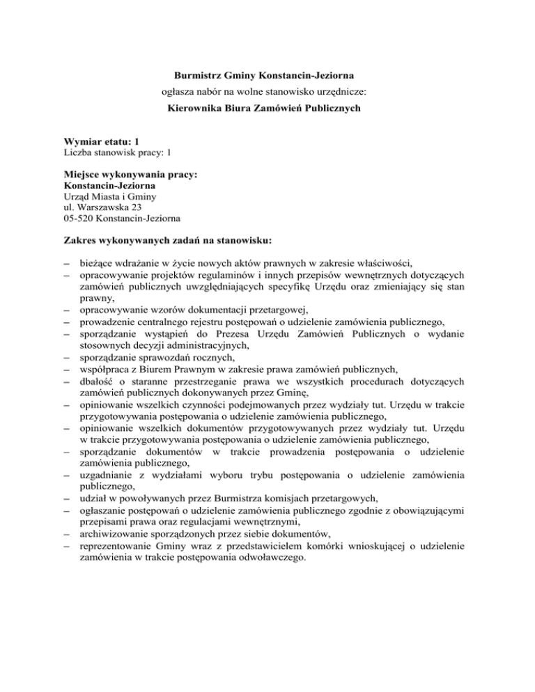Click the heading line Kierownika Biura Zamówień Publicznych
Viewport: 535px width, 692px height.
(267, 108)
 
